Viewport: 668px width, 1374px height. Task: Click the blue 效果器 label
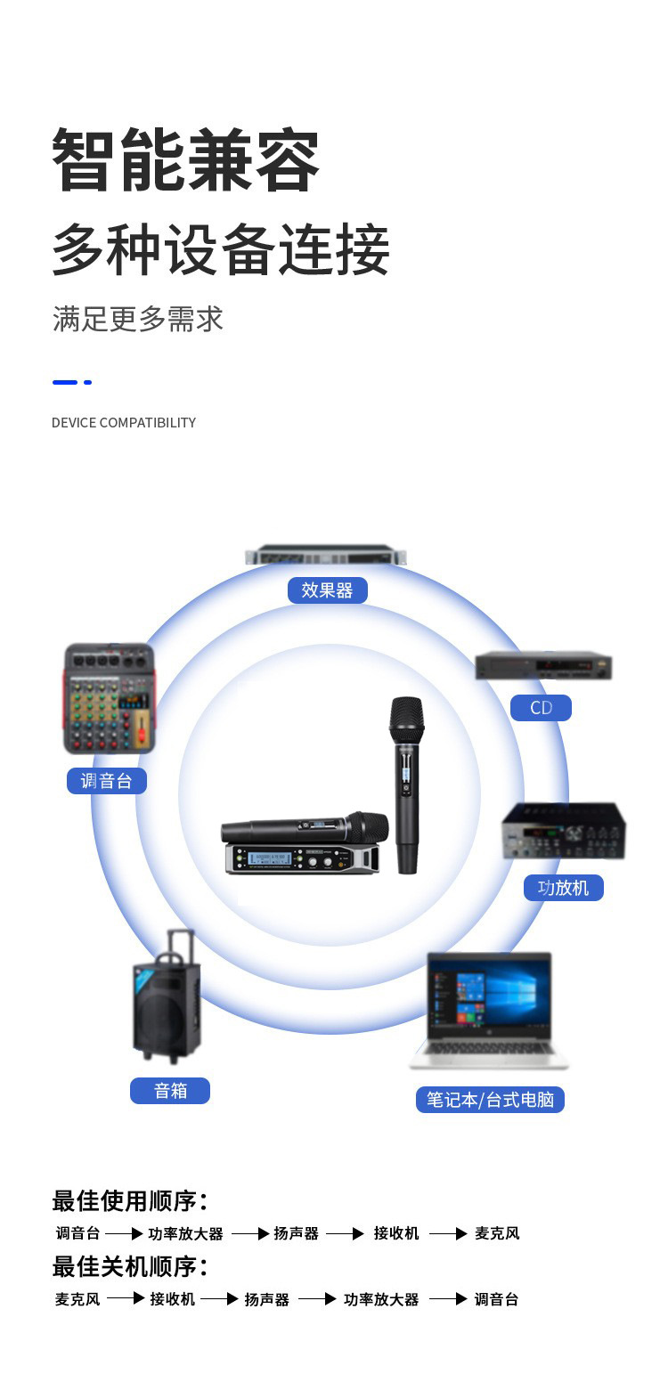[x=327, y=590]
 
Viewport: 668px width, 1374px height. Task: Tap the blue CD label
[x=541, y=708]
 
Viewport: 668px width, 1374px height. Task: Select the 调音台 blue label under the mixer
[x=107, y=781]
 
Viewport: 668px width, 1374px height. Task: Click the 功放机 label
[x=563, y=887]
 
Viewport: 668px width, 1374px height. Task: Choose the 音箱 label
[x=170, y=1090]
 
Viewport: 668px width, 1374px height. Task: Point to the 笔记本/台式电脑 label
[x=490, y=1100]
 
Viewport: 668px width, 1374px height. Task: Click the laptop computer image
[x=488, y=1009]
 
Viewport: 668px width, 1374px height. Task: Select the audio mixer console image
[x=109, y=699]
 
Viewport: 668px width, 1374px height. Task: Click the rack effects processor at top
[x=326, y=554]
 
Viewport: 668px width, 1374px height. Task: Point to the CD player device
[x=543, y=665]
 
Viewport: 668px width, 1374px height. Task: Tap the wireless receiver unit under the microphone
[x=303, y=858]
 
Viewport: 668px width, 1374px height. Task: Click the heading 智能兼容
[x=185, y=160]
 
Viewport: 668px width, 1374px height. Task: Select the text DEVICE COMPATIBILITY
[x=124, y=422]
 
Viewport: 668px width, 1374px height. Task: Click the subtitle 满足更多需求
[x=138, y=319]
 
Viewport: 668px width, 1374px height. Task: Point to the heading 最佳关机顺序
[x=129, y=1265]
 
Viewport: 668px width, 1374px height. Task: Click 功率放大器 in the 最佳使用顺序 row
[x=185, y=1233]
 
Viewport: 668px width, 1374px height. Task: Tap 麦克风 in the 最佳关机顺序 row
[x=77, y=1299]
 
